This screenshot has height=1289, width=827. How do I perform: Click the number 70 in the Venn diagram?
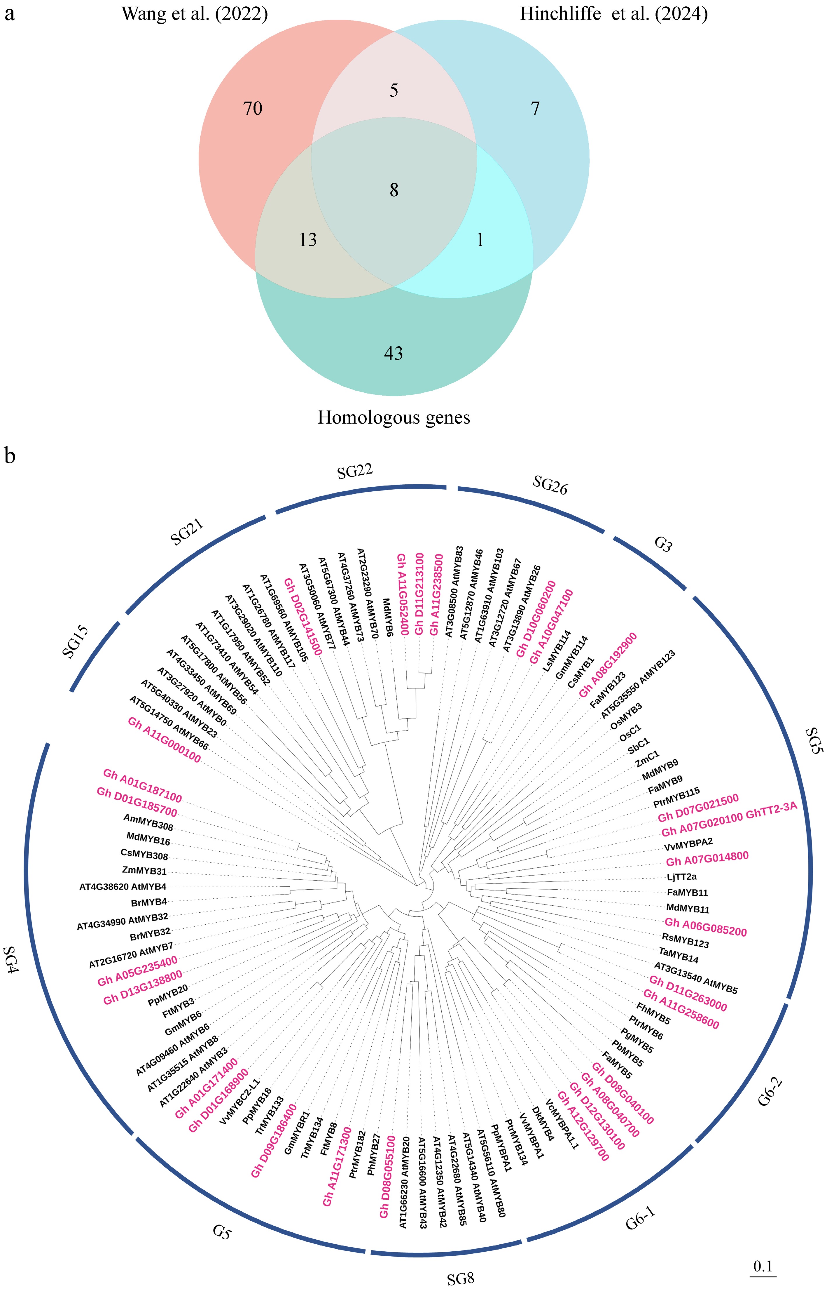click(253, 109)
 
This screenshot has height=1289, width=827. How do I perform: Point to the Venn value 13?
click(308, 240)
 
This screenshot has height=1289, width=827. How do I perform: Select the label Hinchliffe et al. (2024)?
click(614, 13)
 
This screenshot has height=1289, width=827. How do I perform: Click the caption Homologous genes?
click(394, 418)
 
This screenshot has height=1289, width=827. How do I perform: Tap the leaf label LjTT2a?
click(681, 877)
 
